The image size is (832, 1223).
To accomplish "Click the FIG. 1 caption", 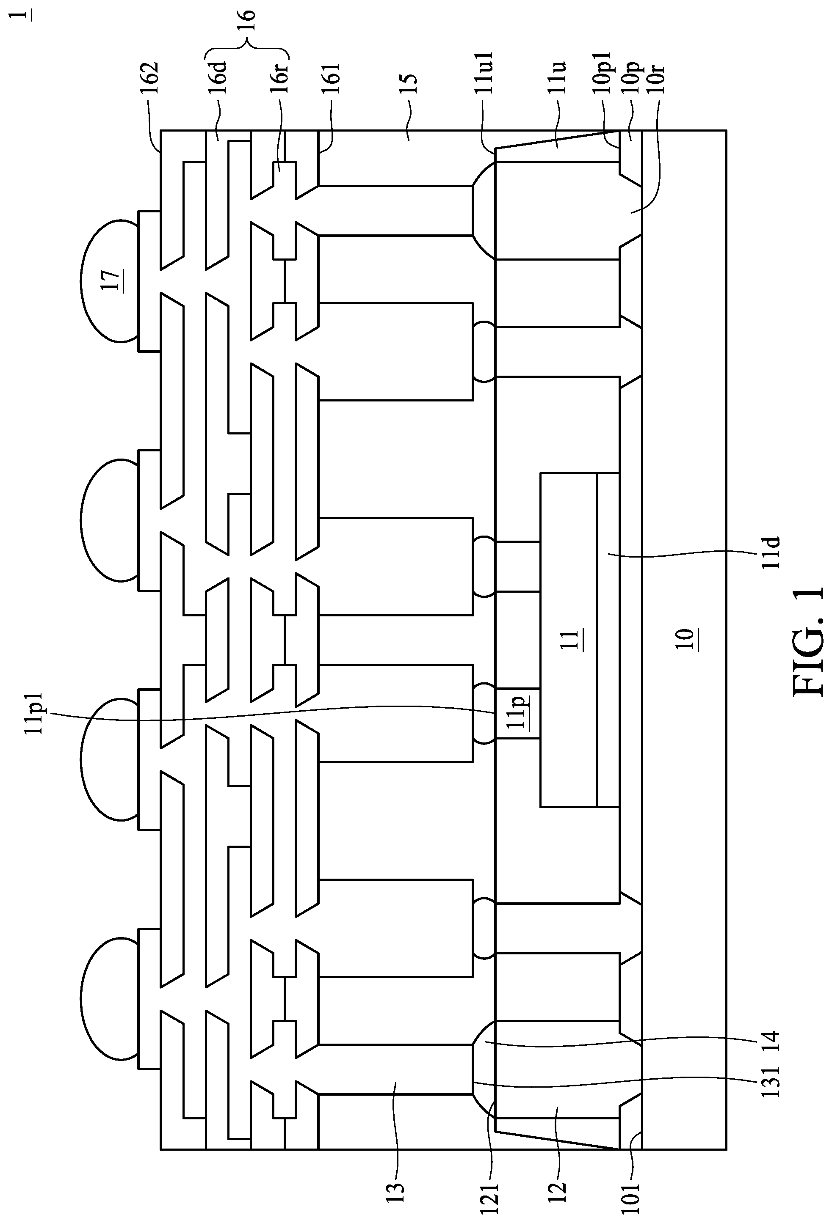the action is click(x=808, y=642).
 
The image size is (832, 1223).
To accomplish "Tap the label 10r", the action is click(x=658, y=79).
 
